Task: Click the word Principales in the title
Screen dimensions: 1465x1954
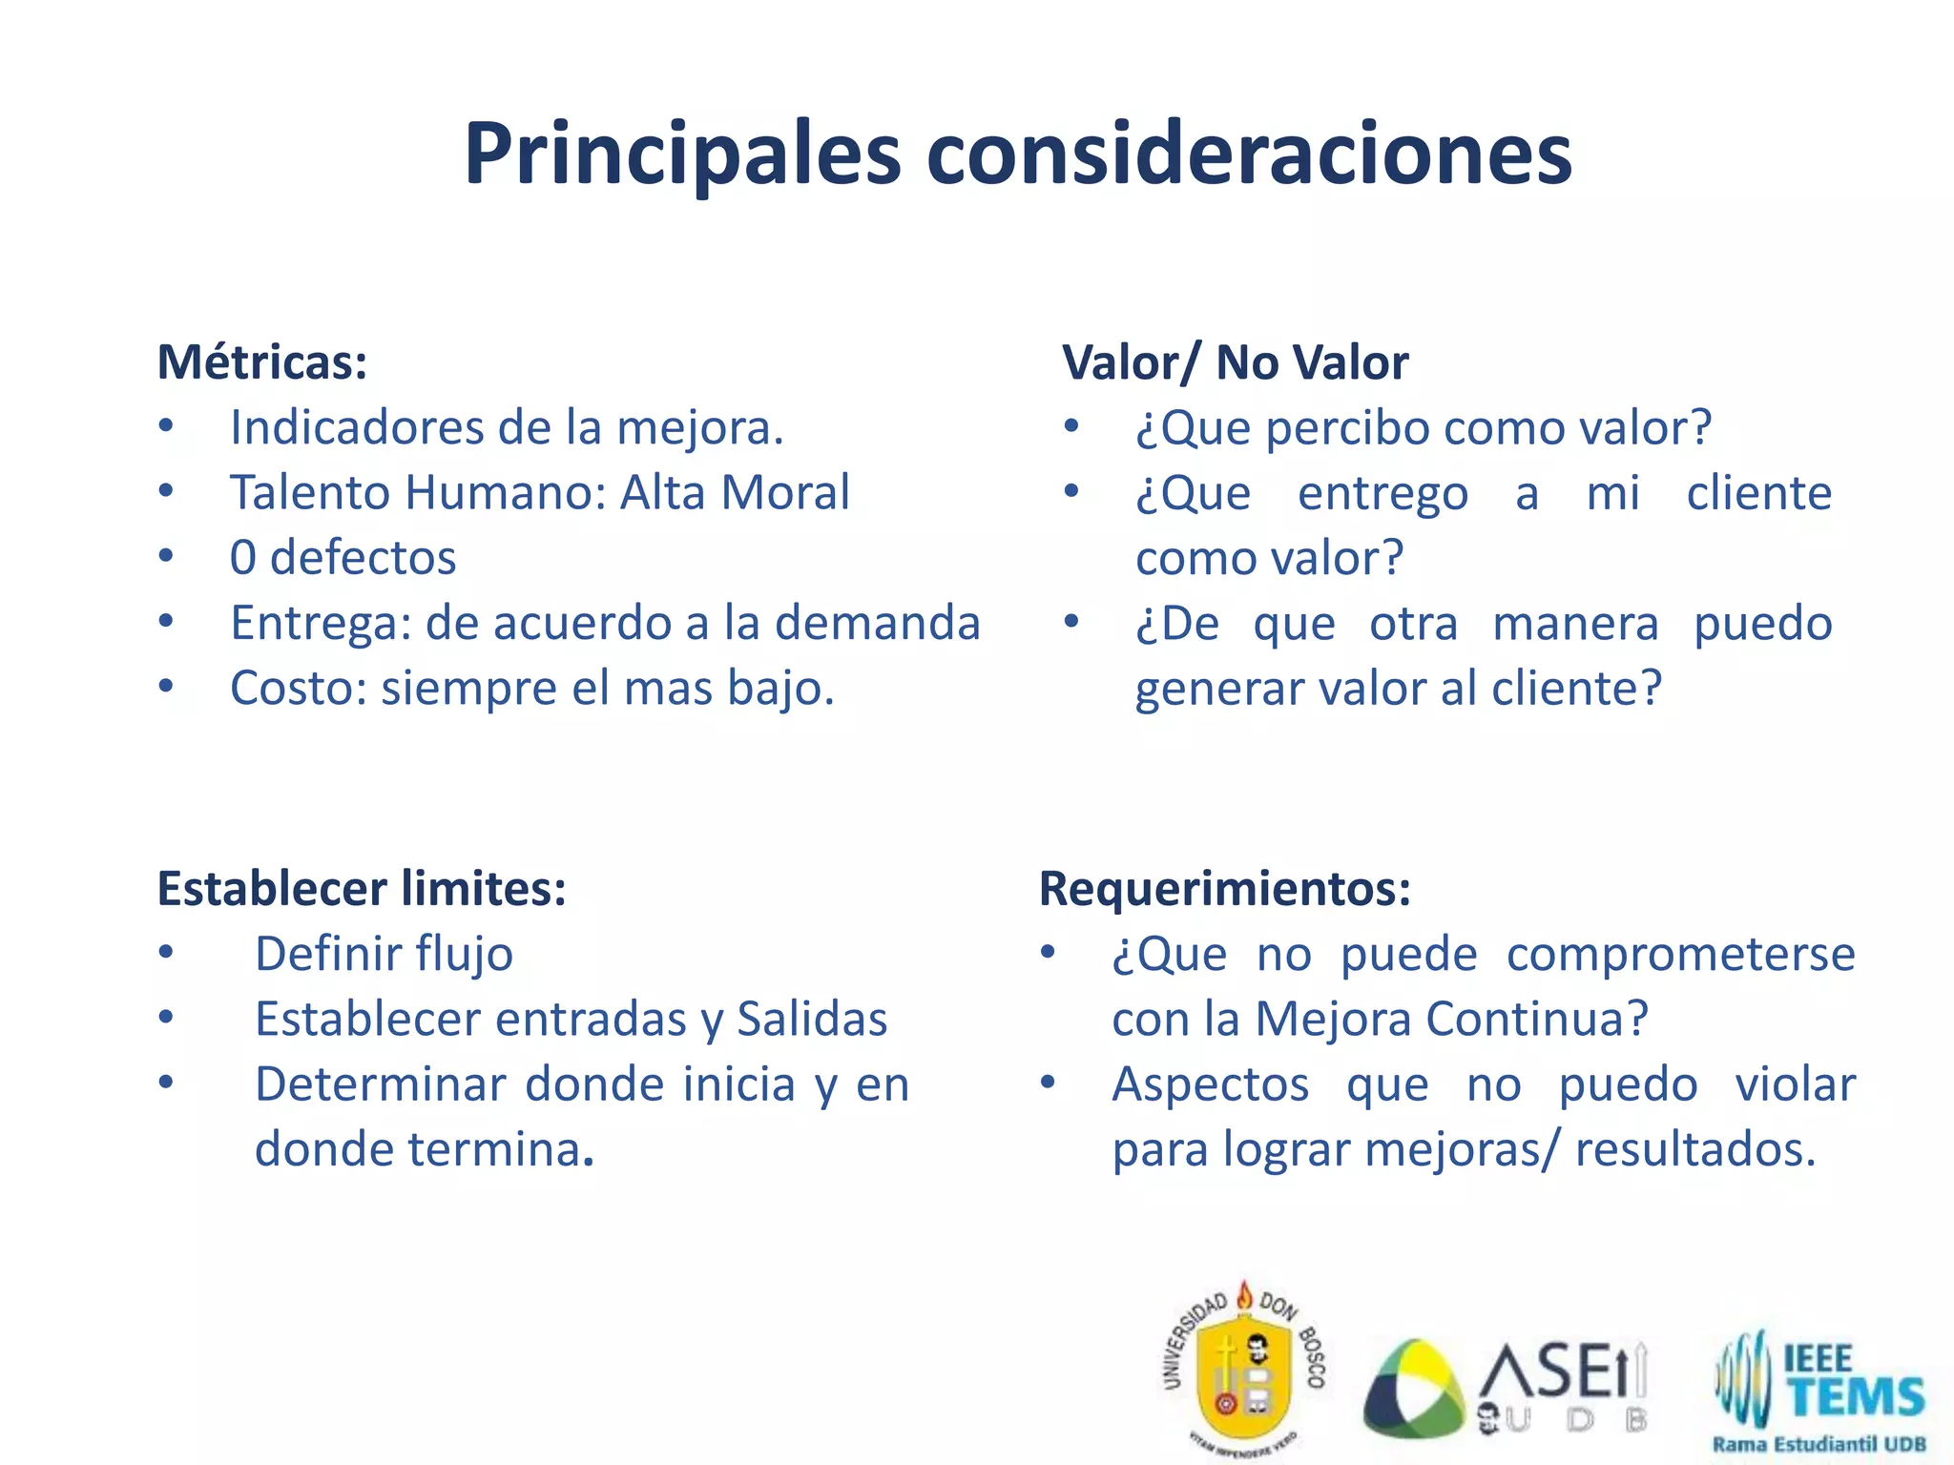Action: [x=682, y=155]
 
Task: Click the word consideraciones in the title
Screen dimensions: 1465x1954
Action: [x=1249, y=155]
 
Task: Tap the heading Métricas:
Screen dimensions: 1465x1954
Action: [x=262, y=362]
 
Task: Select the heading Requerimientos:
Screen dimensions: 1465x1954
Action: [x=1224, y=889]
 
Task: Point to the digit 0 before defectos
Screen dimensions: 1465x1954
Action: [x=243, y=558]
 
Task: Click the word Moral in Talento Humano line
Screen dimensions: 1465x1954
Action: [x=784, y=493]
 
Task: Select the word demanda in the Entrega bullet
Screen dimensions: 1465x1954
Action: [x=877, y=623]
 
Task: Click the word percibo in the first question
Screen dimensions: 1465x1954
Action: [x=1348, y=428]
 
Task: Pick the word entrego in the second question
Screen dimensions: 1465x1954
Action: [x=1382, y=493]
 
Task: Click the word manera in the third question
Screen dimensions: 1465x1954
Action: [x=1575, y=624]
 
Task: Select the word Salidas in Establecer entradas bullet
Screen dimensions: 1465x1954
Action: [x=812, y=1020]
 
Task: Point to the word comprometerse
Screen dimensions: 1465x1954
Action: [x=1680, y=955]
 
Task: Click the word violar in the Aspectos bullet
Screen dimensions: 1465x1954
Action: [x=1795, y=1084]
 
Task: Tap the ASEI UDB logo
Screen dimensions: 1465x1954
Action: [x=1506, y=1385]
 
